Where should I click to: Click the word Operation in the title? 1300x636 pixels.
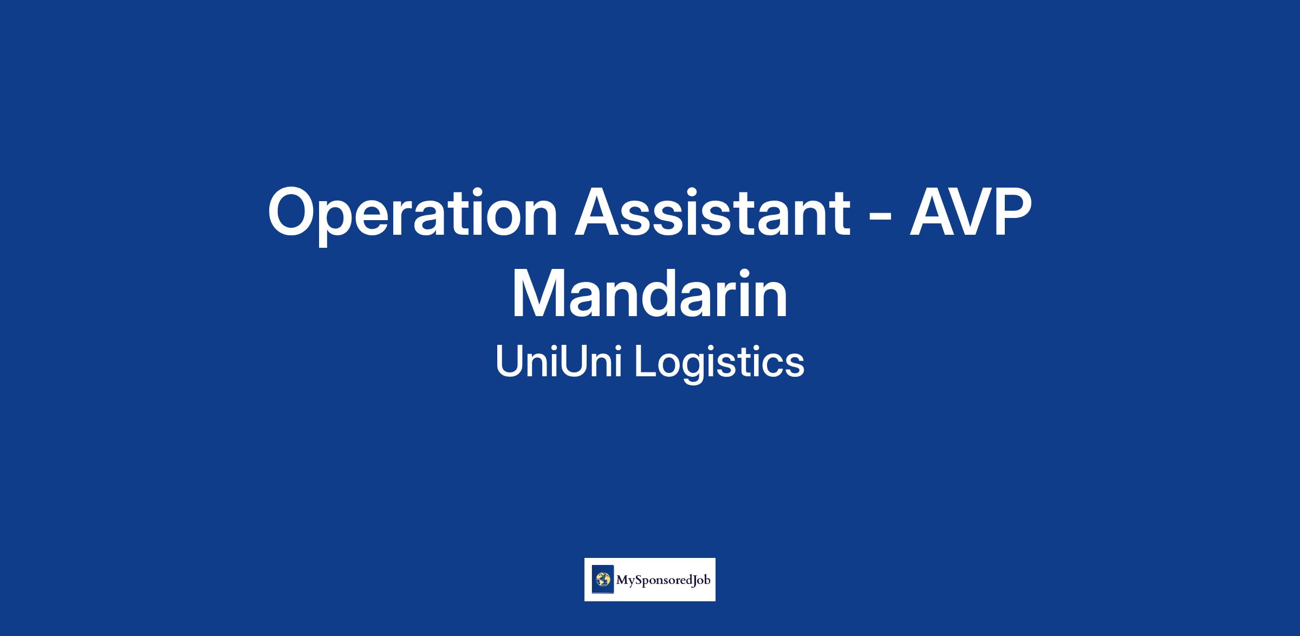click(x=413, y=214)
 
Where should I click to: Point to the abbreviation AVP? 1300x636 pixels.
click(x=970, y=212)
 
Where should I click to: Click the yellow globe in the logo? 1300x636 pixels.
click(x=603, y=580)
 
